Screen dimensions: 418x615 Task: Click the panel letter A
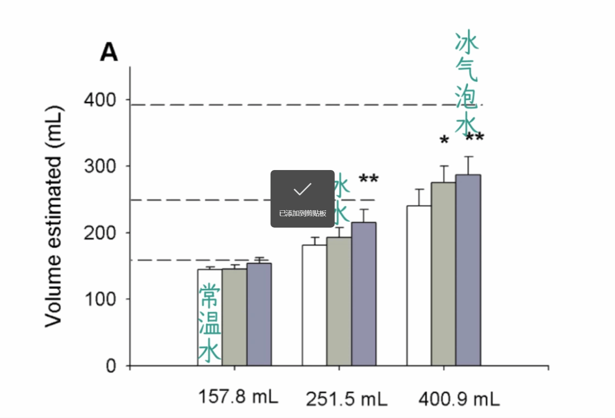tap(109, 53)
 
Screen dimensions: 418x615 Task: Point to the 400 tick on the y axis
tap(100, 100)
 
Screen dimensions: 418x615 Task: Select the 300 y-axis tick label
tap(100, 167)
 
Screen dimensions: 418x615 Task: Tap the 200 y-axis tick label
tap(100, 233)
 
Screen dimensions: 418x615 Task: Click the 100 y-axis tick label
tap(100, 299)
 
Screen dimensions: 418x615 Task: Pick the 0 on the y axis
tap(111, 366)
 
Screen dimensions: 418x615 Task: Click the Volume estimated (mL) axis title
tap(53, 216)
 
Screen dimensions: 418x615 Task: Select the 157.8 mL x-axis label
tap(238, 396)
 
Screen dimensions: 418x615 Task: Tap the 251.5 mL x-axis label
tap(346, 399)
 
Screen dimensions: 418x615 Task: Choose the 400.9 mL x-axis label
tap(459, 399)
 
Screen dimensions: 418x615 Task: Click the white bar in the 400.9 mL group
tap(419, 286)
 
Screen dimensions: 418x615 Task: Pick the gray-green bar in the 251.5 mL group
tap(339, 301)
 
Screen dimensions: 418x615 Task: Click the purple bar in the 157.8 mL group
tap(259, 314)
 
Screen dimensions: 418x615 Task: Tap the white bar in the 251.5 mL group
tap(314, 305)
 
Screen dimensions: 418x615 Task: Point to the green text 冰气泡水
tap(467, 83)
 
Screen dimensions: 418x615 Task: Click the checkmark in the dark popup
tap(302, 189)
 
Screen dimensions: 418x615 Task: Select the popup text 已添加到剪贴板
tap(303, 213)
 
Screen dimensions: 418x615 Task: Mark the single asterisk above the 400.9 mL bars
tap(444, 140)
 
